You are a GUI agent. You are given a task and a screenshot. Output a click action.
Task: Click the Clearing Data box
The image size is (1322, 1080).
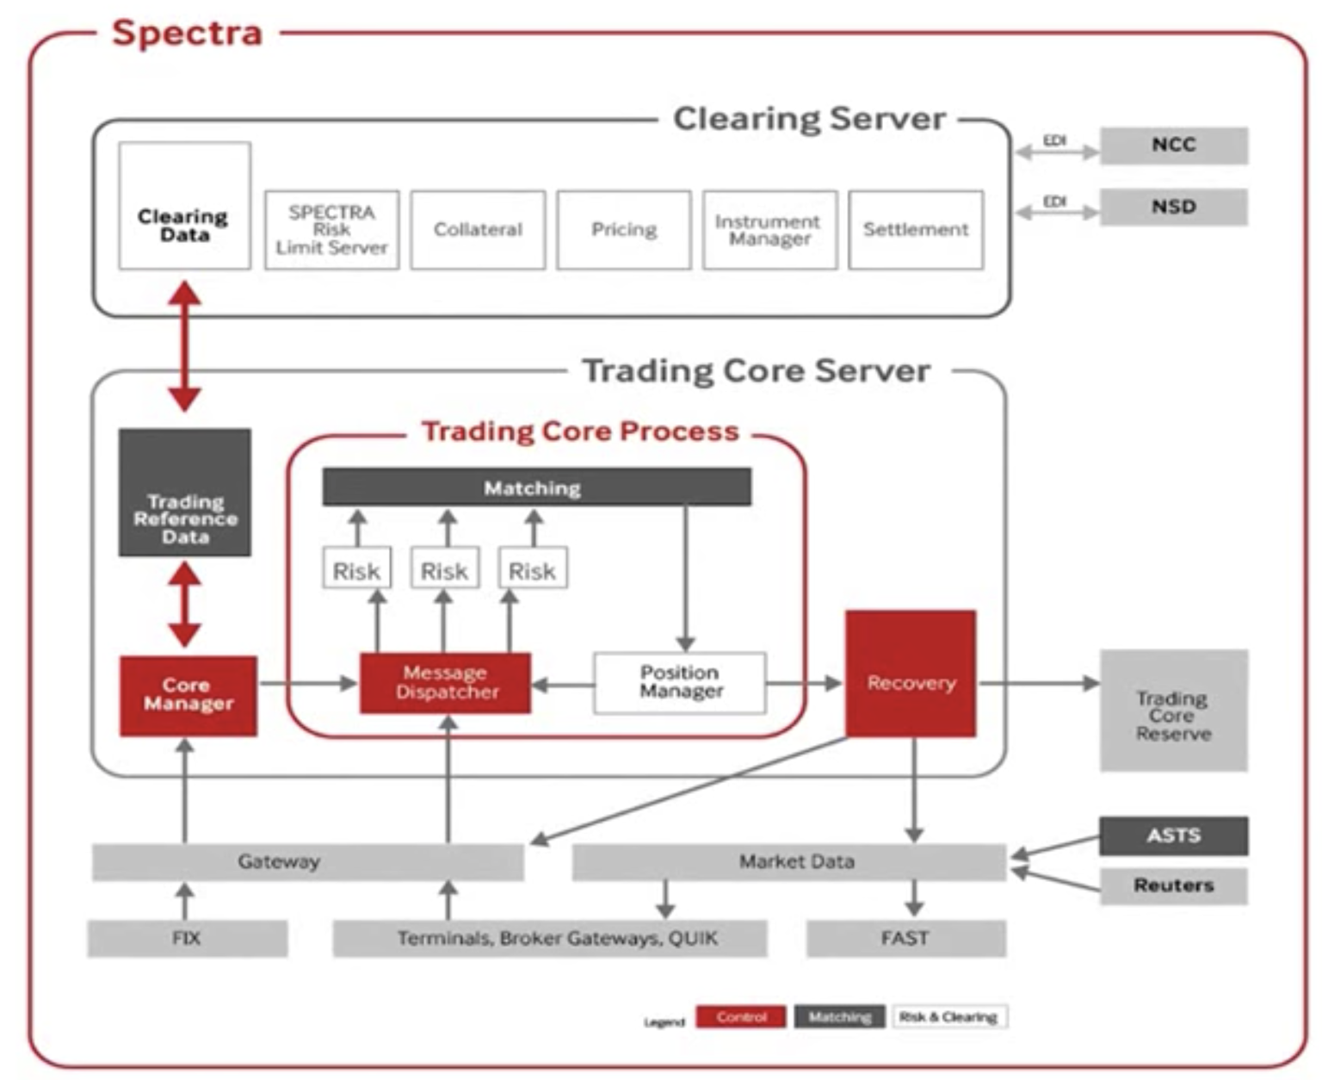pos(184,207)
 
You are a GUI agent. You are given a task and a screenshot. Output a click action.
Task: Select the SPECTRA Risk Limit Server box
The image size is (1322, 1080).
pos(331,230)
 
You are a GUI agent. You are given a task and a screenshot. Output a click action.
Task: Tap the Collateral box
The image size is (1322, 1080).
pos(478,230)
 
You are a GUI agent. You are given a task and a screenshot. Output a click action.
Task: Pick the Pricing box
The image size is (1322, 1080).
pos(624,230)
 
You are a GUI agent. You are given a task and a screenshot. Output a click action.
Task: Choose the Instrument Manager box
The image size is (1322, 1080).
pos(769,230)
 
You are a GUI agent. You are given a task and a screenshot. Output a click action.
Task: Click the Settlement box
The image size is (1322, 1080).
pos(916,230)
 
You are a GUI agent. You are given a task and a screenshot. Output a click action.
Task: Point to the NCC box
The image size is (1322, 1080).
pos(1173,146)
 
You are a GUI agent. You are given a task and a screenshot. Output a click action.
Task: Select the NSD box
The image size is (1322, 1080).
pos(1173,207)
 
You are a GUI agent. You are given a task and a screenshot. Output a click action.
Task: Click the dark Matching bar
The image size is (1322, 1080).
pos(536,487)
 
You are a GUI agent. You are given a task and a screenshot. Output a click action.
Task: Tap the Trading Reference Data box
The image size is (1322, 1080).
pos(185,493)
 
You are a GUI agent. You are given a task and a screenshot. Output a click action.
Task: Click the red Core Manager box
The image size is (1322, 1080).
pos(188,696)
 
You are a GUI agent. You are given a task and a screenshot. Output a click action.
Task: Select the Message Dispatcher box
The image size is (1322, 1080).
pos(445,683)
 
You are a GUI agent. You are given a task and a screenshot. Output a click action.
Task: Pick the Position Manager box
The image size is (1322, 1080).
pos(680,683)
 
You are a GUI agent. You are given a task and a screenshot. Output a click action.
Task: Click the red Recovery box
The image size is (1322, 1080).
pos(911,673)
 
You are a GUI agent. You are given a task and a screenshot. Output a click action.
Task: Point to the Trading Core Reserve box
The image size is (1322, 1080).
pos(1173,711)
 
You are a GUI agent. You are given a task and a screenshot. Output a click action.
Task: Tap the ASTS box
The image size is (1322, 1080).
pos(1173,835)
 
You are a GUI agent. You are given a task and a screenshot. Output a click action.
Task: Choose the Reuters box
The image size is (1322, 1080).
pos(1173,885)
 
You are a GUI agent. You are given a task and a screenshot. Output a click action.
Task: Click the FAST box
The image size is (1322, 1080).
pos(905,939)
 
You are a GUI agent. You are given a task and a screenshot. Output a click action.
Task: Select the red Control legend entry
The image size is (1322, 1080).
pos(740,1017)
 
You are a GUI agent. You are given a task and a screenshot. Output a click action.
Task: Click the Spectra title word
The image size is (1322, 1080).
pos(187,34)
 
